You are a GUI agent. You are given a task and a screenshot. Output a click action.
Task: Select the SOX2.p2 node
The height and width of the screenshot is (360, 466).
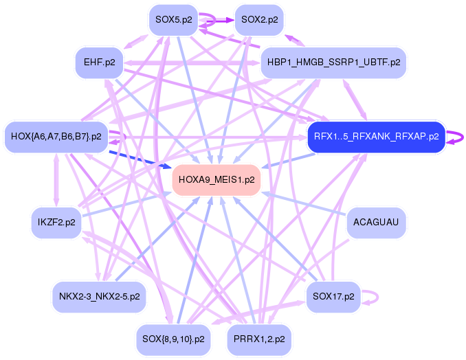[260, 19]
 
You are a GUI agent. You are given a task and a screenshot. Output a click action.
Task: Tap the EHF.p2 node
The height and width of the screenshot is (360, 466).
[99, 63]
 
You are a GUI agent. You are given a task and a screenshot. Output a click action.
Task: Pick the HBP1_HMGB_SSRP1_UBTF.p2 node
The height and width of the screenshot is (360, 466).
[334, 63]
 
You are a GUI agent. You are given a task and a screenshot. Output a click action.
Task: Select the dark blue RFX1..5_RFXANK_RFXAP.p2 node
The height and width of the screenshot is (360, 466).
[376, 136]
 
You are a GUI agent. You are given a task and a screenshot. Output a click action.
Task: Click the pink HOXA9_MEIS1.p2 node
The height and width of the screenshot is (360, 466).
[217, 180]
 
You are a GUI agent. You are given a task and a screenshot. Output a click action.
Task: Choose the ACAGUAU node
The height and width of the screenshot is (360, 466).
[376, 222]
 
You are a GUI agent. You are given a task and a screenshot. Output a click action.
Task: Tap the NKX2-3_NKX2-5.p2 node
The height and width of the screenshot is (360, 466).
[99, 297]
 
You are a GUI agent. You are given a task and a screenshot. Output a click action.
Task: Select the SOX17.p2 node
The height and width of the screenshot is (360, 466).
[333, 297]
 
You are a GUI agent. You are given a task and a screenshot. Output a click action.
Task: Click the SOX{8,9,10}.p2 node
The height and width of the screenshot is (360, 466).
[173, 339]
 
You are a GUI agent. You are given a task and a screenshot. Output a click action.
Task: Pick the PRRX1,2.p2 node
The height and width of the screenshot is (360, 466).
[260, 339]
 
